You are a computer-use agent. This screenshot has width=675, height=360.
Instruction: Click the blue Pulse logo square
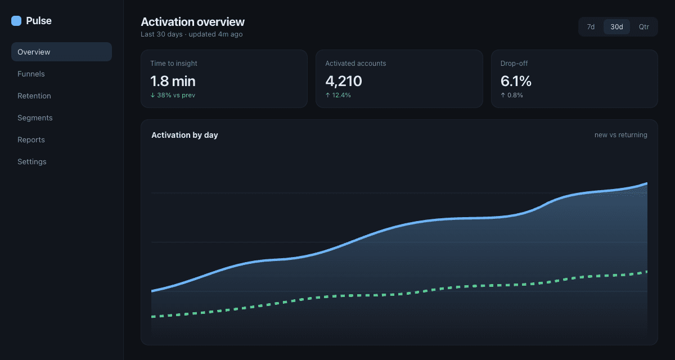[16, 21]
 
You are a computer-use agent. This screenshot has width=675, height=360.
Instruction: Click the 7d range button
[591, 27]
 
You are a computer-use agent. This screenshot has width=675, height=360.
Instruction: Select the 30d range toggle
[616, 27]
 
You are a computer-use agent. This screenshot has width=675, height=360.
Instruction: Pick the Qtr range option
[643, 27]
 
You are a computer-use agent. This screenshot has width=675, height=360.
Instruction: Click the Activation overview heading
[192, 22]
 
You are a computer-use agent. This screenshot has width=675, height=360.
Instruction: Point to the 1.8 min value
[173, 81]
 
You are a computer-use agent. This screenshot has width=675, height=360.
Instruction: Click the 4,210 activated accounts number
[344, 81]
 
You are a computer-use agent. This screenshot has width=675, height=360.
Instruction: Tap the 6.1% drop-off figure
[516, 81]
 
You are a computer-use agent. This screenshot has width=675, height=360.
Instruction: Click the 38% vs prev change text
[173, 95]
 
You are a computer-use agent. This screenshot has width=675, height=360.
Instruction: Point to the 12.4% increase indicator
[338, 95]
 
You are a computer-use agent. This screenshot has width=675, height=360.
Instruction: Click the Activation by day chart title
[184, 135]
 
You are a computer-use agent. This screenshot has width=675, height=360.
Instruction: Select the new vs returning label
[621, 135]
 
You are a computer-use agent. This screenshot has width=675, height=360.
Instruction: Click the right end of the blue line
[647, 183]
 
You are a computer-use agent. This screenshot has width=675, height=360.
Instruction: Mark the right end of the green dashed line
[647, 272]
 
